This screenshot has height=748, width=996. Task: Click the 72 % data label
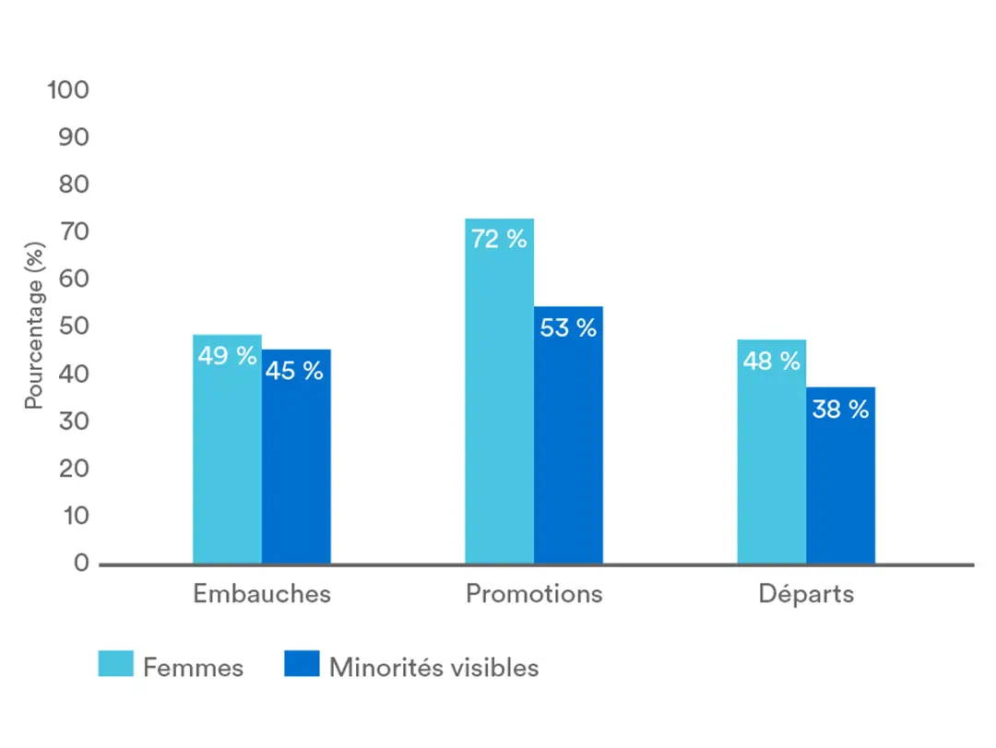(x=499, y=239)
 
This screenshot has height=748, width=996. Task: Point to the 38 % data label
(x=840, y=410)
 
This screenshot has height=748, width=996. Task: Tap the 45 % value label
(x=295, y=371)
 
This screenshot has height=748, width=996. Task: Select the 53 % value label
(x=568, y=327)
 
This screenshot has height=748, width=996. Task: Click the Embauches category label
(x=261, y=593)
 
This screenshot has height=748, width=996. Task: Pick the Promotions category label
(x=534, y=593)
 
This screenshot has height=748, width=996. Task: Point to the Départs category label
(x=806, y=593)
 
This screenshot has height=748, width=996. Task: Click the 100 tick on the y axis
(x=68, y=90)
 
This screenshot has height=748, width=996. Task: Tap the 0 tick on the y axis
(x=81, y=564)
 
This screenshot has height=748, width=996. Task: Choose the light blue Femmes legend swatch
(x=116, y=664)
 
